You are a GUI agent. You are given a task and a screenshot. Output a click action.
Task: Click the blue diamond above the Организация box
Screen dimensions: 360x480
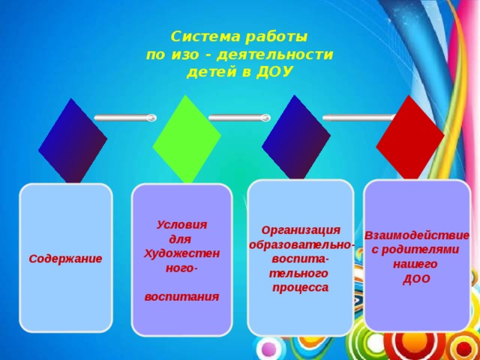(x=296, y=138)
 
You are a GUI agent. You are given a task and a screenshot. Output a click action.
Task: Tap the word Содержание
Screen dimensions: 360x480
(x=66, y=258)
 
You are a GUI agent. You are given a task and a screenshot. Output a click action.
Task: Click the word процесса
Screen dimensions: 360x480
(x=301, y=287)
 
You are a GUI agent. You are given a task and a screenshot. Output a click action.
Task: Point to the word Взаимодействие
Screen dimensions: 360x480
(x=417, y=235)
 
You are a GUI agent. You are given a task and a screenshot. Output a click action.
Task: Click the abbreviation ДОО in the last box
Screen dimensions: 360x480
(x=416, y=280)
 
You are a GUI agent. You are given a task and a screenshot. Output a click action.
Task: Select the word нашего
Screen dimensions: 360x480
(x=415, y=265)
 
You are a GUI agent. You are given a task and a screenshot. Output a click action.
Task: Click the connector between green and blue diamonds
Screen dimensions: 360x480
(x=239, y=118)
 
